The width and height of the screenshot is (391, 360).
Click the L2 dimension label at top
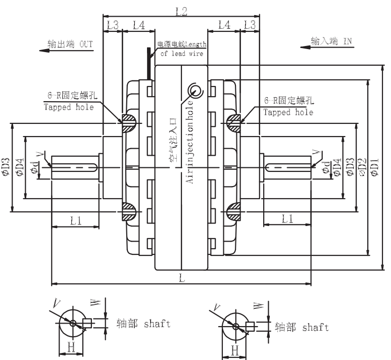[x=181, y=11]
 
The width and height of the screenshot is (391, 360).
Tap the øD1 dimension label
[x=375, y=167]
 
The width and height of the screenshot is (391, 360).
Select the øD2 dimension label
[x=363, y=167]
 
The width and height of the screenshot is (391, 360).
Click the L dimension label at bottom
[x=182, y=278]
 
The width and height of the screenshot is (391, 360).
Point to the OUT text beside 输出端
[x=86, y=44]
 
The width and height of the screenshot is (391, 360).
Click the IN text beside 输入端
[x=348, y=41]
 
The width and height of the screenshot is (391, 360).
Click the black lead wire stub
[x=149, y=63]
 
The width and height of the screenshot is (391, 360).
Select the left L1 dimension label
[x=76, y=220]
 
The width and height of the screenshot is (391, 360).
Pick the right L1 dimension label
[x=287, y=219]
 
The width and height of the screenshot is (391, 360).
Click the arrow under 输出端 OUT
[x=66, y=51]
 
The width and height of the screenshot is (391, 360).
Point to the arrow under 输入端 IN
[x=327, y=47]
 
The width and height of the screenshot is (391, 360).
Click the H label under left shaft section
[x=71, y=347]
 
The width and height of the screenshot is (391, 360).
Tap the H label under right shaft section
[x=235, y=350]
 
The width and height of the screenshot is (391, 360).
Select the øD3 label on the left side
[x=5, y=167]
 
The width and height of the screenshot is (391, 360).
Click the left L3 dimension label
[x=113, y=25]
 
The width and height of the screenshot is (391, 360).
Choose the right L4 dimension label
[x=224, y=25]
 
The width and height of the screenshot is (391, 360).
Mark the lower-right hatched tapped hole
[x=234, y=212]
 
